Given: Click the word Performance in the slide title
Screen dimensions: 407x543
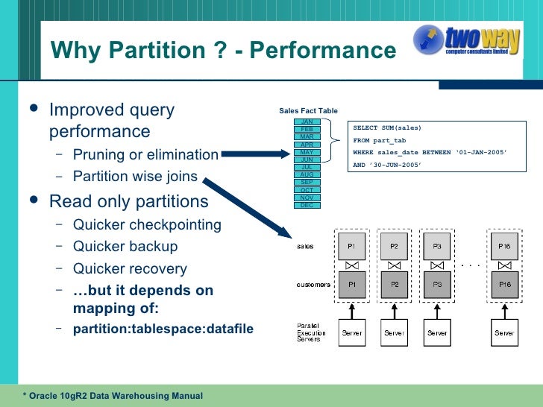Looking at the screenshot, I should (323, 51).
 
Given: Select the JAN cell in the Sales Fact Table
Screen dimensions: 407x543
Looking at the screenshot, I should (307, 122).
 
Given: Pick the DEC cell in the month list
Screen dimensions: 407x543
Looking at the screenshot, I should (307, 205).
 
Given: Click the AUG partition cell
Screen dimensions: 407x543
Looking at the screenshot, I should (307, 174).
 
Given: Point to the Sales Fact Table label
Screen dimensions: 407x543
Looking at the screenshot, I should (308, 110).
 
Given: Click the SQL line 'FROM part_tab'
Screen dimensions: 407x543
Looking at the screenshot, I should (380, 140).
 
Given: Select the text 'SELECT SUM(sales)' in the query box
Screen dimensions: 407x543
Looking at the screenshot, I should (387, 127).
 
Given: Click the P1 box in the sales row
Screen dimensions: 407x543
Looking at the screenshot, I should (352, 245).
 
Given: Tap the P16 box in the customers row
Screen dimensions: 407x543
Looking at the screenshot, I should (504, 285).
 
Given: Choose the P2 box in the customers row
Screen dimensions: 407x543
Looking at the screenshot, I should (395, 285).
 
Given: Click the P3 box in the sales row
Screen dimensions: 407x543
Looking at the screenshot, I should (437, 245).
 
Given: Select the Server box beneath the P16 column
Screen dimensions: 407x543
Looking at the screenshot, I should (504, 333).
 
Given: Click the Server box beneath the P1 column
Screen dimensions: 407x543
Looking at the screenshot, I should (352, 333).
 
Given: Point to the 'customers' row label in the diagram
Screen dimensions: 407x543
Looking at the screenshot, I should (314, 285).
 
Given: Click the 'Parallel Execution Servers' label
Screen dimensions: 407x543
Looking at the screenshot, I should (309, 332).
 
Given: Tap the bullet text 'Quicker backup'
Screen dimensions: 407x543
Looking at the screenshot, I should (125, 247).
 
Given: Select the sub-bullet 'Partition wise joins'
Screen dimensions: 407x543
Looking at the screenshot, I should (135, 177).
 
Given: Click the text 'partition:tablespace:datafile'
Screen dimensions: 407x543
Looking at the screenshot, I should (163, 329).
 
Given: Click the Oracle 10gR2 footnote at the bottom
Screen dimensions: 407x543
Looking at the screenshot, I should (112, 395).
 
